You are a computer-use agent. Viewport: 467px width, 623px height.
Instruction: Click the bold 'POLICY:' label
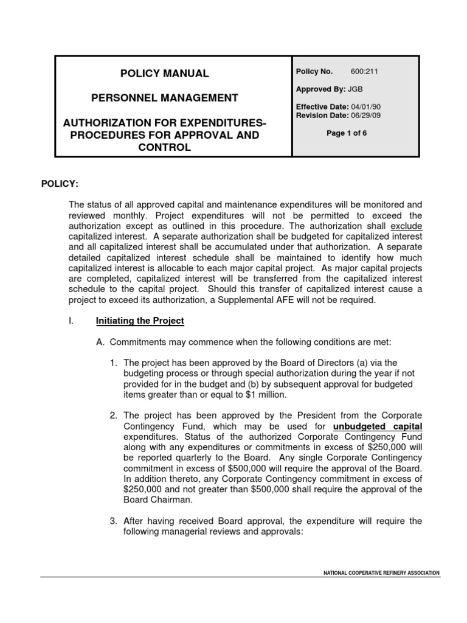[60, 184]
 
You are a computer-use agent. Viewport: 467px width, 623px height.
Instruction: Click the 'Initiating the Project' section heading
[140, 321]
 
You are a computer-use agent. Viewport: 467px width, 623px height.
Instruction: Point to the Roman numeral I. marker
[71, 321]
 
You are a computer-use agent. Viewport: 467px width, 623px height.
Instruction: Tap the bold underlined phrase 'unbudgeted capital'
[378, 426]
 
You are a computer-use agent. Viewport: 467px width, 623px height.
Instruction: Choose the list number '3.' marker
[114, 521]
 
